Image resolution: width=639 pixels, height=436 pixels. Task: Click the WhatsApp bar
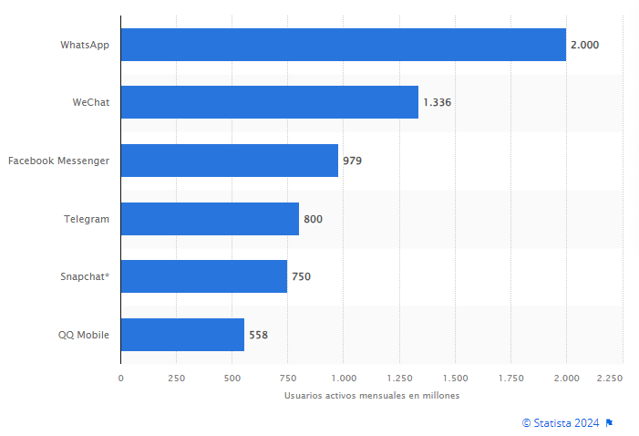tap(343, 45)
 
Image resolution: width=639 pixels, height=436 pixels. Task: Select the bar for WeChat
tap(269, 102)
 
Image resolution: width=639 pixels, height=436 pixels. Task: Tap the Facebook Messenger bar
tap(229, 161)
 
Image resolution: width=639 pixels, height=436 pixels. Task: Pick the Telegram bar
tap(210, 219)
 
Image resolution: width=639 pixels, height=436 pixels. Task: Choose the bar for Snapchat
tap(203, 276)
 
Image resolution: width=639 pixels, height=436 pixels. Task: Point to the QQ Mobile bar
tap(182, 335)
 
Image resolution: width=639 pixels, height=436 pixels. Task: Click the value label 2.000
tap(584, 45)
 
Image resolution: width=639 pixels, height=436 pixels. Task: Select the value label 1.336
tap(437, 102)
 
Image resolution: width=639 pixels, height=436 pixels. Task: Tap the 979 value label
tap(353, 161)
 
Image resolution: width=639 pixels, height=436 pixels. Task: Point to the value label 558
tap(258, 335)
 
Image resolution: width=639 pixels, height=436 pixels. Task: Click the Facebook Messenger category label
tap(58, 161)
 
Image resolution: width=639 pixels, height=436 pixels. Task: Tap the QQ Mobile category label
tap(83, 335)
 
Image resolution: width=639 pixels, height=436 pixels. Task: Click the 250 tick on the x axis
tap(176, 378)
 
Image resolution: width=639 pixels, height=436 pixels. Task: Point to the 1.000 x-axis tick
tap(343, 378)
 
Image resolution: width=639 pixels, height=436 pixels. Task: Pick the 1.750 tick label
tap(510, 378)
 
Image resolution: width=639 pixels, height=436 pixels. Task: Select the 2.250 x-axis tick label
tap(610, 378)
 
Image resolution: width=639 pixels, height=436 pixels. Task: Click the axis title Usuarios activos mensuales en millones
tap(371, 396)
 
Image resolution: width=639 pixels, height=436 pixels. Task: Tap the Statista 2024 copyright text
tap(561, 422)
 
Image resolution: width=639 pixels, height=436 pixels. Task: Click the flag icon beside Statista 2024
tap(609, 422)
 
